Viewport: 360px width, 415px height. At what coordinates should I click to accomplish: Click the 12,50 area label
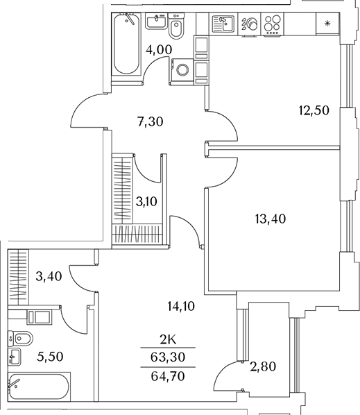[314, 110]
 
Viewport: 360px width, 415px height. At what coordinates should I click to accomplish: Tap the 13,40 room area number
[271, 219]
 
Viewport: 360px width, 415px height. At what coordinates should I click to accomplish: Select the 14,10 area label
[181, 306]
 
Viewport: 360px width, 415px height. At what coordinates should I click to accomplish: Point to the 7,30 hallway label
[151, 121]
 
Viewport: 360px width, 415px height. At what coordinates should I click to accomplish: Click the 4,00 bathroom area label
[159, 49]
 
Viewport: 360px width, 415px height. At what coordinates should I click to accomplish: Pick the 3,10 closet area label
[146, 202]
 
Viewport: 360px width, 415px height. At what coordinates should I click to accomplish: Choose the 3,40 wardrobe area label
[49, 276]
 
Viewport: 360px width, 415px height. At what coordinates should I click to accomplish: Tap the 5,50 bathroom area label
[50, 357]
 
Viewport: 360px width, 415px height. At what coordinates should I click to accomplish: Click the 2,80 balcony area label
[263, 366]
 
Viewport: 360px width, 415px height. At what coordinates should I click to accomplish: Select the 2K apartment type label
[168, 339]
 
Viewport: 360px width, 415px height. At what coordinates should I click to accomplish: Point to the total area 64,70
[168, 376]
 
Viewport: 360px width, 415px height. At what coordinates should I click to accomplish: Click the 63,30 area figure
[168, 357]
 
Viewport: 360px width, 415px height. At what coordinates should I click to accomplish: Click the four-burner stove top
[273, 24]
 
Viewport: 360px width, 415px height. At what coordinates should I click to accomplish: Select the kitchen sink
[223, 24]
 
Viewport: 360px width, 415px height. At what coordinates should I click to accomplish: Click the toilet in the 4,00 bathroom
[176, 26]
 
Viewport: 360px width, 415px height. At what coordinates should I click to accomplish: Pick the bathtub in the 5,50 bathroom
[39, 387]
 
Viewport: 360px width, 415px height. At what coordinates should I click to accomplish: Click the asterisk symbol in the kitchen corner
[327, 24]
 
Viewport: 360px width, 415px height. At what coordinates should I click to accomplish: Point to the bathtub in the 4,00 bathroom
[126, 44]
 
